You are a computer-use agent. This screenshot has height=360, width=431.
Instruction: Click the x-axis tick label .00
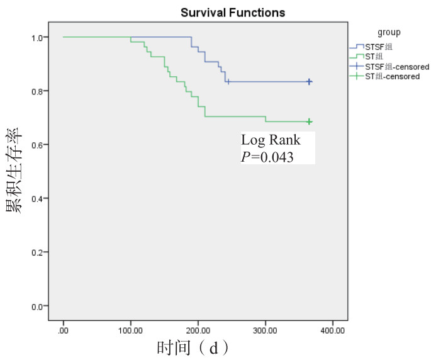64,330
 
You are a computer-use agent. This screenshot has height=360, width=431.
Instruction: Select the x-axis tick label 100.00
130,330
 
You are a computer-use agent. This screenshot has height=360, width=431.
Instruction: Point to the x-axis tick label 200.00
198,330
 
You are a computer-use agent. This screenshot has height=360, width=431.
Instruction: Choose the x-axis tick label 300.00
265,330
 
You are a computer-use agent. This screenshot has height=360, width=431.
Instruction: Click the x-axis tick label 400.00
332,330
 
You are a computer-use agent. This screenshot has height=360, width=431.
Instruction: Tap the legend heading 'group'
389,32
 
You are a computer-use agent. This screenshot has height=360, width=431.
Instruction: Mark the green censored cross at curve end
309,121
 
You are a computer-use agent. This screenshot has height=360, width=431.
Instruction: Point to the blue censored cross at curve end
309,82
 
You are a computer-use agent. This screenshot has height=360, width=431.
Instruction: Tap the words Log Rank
271,140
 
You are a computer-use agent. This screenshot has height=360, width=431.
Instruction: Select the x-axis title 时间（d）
192,348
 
